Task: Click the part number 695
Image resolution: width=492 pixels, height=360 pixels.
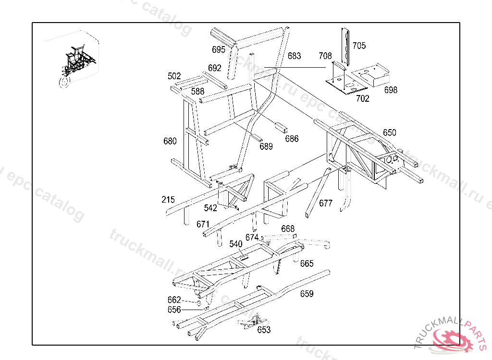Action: point(219,49)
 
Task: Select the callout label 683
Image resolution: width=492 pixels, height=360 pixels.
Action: point(295,56)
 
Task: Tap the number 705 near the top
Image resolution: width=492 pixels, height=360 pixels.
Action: point(359,46)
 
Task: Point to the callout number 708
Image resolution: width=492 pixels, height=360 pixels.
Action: point(325,56)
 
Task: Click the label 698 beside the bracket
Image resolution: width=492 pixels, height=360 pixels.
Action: point(391,90)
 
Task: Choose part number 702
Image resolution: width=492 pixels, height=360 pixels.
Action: point(363,99)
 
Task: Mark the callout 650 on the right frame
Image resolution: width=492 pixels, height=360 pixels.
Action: point(390,132)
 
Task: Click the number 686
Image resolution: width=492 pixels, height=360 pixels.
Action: point(292,139)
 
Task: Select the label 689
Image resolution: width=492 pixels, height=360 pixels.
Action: point(266,146)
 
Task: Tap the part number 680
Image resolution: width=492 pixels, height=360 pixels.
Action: point(170,141)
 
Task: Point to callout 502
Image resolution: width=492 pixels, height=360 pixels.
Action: point(174,76)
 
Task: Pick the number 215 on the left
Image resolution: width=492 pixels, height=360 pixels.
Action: point(168,200)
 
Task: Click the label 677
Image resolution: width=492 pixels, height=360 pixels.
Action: point(326,203)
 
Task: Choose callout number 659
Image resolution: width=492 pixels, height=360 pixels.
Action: point(307,294)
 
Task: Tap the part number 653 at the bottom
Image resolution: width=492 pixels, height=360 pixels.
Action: point(264,330)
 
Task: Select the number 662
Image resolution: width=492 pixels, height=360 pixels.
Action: point(174,300)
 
